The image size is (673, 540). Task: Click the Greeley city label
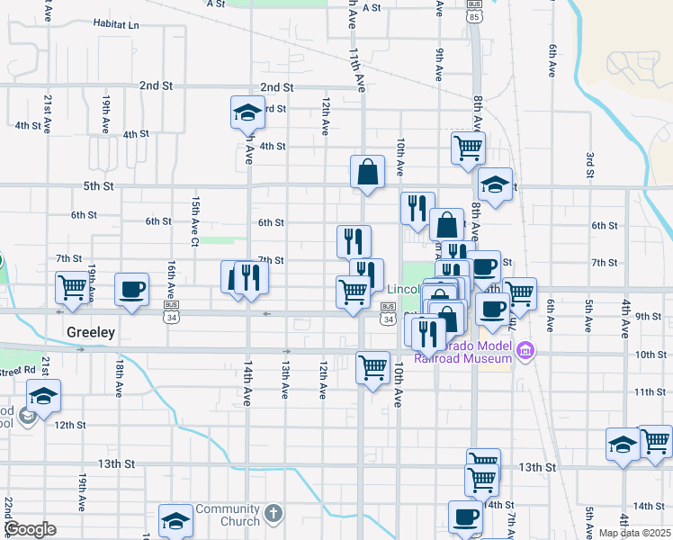[91, 332]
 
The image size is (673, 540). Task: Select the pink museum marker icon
[525, 350]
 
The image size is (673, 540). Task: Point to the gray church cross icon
[274, 515]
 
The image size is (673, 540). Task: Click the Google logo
[30, 528]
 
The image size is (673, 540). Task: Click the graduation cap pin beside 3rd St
[247, 112]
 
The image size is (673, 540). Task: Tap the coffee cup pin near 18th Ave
[131, 289]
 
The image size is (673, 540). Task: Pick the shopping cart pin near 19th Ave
[72, 288]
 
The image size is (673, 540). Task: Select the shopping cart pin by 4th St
[468, 147]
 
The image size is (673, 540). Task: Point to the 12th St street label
[69, 424]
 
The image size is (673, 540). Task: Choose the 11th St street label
[650, 392]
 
